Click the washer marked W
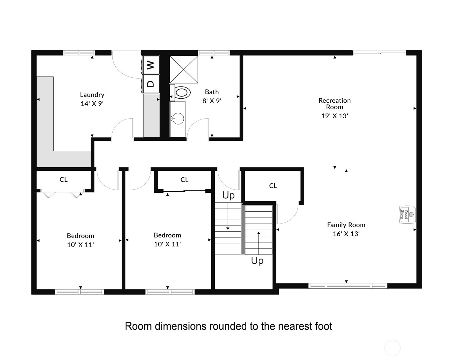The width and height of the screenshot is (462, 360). coord(151,65)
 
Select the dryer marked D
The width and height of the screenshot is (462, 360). coord(151,84)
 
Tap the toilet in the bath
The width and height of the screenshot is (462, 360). coord(180,93)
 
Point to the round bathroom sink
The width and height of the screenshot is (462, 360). coord(178,118)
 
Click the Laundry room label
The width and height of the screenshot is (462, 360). coord(92,95)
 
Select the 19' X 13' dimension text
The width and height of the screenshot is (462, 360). coord(334,116)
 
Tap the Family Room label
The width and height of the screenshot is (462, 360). coord(346,225)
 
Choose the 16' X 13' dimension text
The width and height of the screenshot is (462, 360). coord(346,234)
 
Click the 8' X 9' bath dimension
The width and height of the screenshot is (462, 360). coord(212,101)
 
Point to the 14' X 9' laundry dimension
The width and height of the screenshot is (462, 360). coord(92,104)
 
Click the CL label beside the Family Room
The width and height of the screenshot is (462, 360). coord(273,186)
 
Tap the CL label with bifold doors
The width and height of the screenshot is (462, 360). coord(64,180)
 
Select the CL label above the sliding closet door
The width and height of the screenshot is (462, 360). coord(184,180)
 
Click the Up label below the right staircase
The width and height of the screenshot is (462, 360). coord(257,261)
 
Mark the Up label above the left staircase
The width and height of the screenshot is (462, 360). coord(228,195)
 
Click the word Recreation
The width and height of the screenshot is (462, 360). coord(334,100)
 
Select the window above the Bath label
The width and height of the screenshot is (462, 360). coord(214,53)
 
